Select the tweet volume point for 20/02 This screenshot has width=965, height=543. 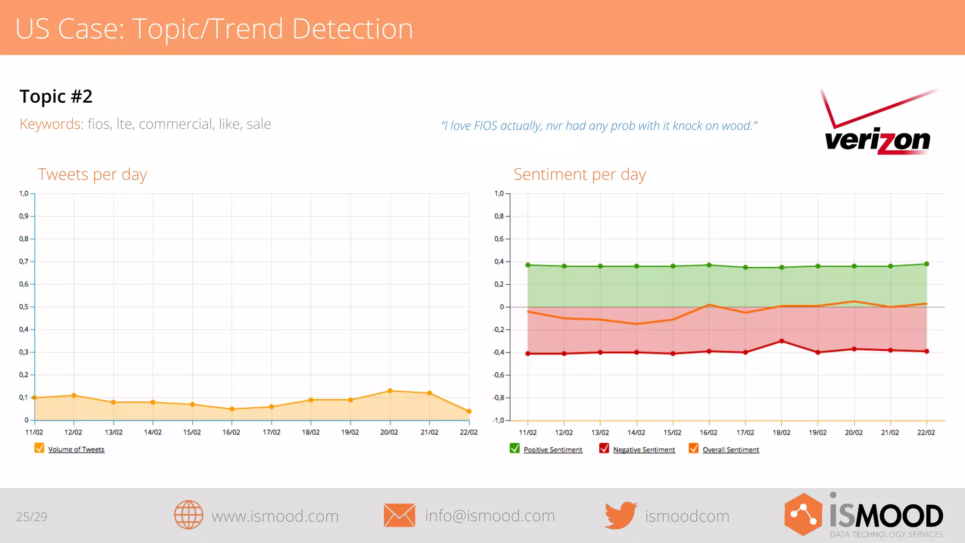coord(390,391)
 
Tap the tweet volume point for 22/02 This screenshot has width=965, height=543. coord(469,411)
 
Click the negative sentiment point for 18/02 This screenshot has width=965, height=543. coord(782,341)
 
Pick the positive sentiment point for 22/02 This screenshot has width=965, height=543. coord(927,264)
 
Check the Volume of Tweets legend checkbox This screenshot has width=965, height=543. coord(39,448)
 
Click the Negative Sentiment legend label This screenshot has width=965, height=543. coord(644,450)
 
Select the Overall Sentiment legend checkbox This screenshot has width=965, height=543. coord(694,448)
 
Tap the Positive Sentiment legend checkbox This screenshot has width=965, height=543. coord(515,448)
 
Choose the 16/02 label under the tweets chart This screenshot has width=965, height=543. coord(231,432)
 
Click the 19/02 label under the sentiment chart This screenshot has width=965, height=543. coord(818,432)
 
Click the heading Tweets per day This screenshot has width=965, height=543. coord(92,174)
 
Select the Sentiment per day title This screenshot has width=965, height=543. coord(580,174)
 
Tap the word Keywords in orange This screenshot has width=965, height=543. coord(51,124)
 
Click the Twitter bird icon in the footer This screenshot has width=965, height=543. coord(621,515)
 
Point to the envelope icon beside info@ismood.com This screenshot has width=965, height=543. coord(399,515)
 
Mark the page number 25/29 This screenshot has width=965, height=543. coord(32,517)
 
